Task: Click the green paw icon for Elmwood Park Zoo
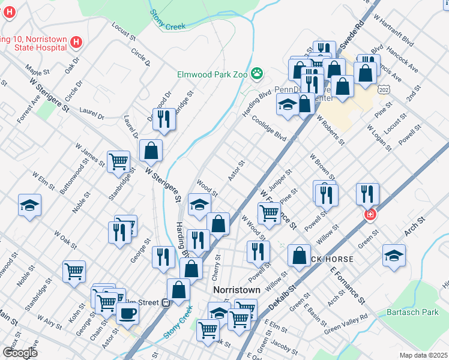[x=257, y=74]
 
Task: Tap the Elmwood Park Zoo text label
[x=213, y=74]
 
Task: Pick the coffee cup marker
[x=127, y=313]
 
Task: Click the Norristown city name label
[x=237, y=290]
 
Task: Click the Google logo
[x=20, y=352]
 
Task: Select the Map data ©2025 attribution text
[x=423, y=355]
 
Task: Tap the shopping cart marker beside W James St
[x=118, y=161]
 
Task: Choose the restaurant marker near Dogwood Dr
[x=163, y=119]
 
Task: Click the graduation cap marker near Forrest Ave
[x=29, y=205]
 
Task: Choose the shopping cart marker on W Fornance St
[x=269, y=212]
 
